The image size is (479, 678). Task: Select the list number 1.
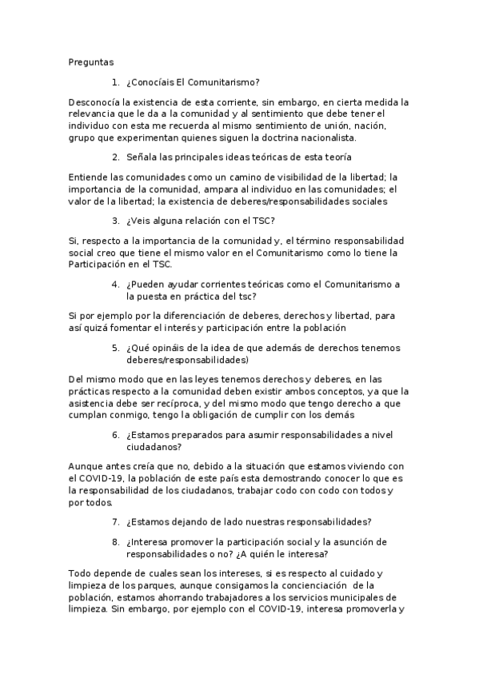(x=116, y=81)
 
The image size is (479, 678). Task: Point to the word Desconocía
(x=97, y=102)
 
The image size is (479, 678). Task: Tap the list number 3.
(x=116, y=220)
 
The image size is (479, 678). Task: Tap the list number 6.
(x=116, y=435)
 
